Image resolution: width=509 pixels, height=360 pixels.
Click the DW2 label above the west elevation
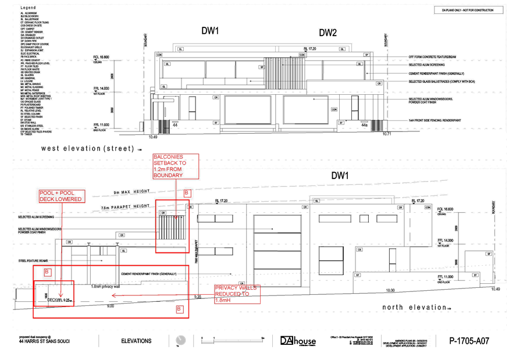328,33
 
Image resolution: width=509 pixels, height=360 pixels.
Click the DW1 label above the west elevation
209,31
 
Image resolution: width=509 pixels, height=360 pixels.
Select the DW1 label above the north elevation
340,175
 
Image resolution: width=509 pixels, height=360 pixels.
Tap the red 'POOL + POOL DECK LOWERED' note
61,196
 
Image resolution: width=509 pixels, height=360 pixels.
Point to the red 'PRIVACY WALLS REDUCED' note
235,294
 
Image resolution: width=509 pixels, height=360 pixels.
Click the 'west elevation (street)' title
87,148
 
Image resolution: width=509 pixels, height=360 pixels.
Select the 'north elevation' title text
416,307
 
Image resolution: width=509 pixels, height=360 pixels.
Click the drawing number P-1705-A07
469,341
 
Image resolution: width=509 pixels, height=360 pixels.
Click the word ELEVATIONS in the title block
137,341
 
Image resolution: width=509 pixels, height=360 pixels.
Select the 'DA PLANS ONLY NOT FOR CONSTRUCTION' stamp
468,10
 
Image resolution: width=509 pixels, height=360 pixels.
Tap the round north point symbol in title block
181,341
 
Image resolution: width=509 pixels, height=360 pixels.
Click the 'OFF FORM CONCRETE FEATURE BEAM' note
433,57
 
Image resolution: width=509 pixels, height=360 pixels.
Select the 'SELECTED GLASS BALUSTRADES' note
433,81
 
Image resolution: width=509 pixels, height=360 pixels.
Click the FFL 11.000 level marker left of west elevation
101,124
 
